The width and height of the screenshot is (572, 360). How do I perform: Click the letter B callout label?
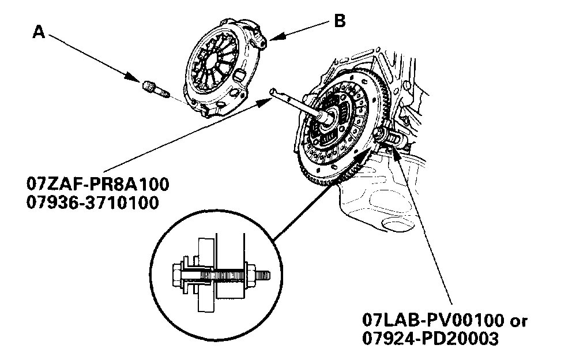(340, 21)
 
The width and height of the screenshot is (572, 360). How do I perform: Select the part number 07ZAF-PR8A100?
(97, 186)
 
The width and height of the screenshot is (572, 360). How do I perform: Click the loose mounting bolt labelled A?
(153, 89)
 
